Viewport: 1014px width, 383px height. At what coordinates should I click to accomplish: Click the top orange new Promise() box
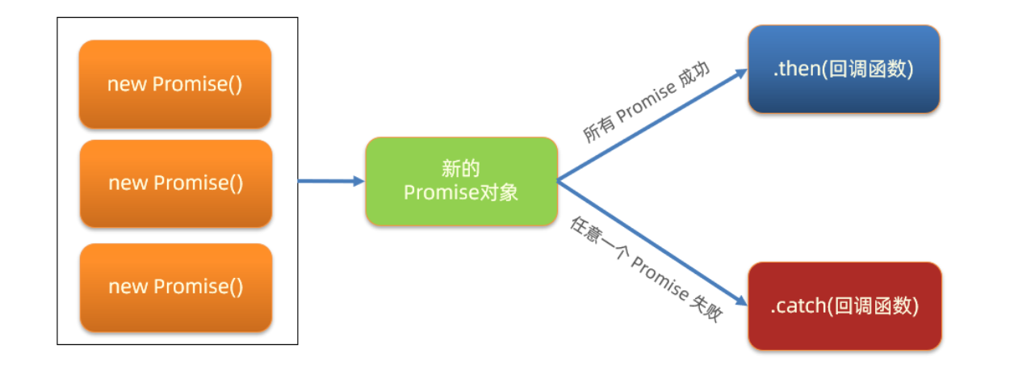click(175, 84)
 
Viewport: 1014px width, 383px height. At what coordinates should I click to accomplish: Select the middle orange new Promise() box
click(175, 183)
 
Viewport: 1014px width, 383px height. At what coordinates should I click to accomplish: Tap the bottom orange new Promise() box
click(175, 287)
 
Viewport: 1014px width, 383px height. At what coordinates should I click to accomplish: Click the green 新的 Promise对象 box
click(461, 181)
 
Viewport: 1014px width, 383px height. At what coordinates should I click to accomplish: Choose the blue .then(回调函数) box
click(844, 69)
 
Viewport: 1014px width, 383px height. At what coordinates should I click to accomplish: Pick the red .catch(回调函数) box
click(844, 306)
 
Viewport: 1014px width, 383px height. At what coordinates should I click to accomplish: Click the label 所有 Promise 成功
click(646, 102)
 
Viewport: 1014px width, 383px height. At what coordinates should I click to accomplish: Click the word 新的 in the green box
click(461, 169)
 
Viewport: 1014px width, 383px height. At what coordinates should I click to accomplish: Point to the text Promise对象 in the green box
click(461, 193)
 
